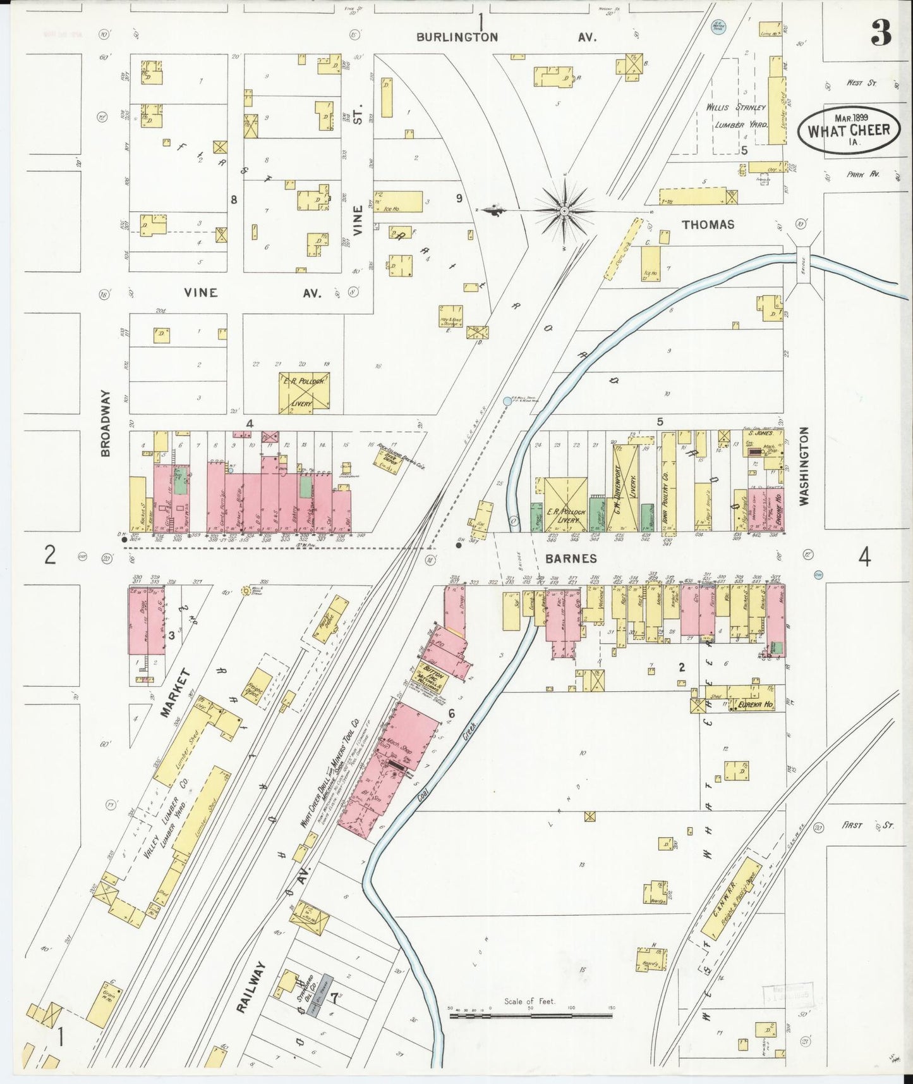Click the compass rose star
563,209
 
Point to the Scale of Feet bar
531,1016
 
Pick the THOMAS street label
708,225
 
